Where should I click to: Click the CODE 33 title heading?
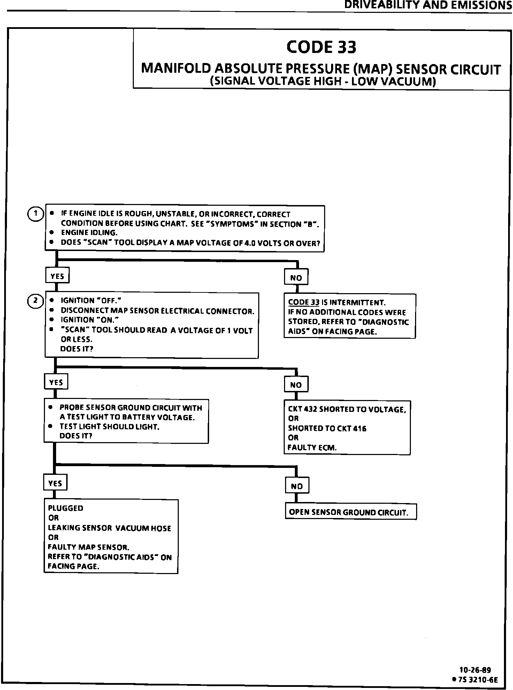coord(321,47)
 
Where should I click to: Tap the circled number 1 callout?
coord(35,214)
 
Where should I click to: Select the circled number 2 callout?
coord(35,301)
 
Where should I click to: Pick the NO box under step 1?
coord(296,277)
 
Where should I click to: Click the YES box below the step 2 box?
coord(56,382)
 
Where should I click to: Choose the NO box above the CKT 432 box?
coord(296,385)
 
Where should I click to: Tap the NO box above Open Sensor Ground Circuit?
coord(297,486)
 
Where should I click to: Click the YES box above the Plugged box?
coord(55,483)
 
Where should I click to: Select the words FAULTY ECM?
coord(312,448)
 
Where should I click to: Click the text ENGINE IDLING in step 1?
coord(89,233)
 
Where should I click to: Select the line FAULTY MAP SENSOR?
coord(89,547)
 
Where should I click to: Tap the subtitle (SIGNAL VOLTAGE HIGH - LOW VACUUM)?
coord(323,81)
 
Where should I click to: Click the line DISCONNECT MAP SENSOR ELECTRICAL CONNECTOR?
coord(158,311)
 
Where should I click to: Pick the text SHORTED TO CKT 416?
coord(327,429)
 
